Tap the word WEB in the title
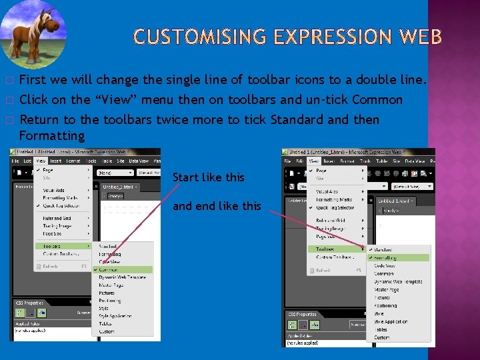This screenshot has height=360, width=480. tap(419, 37)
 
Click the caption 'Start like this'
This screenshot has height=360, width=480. tap(208, 177)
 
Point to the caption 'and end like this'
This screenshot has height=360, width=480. tap(217, 206)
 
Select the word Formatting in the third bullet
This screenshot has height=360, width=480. tap(52, 136)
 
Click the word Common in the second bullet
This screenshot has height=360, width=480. tap(377, 100)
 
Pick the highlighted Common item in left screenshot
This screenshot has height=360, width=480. tap(111, 270)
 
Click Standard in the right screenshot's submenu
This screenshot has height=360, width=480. tap(383, 250)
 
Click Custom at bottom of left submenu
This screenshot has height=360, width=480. tap(107, 331)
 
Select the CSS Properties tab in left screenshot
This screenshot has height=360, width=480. tap(31, 303)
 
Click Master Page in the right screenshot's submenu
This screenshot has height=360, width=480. tap(387, 290)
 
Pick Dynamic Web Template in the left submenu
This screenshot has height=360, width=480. tap(122, 277)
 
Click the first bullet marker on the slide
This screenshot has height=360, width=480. tap(9, 81)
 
